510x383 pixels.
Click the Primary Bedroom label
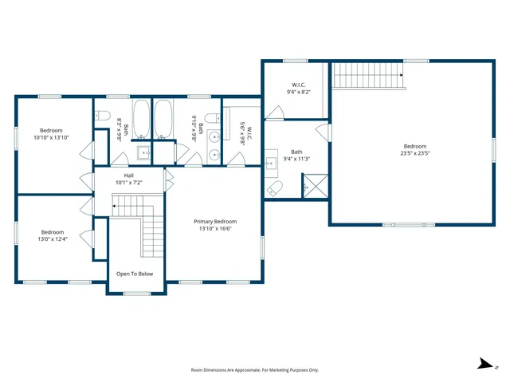tap(216, 221)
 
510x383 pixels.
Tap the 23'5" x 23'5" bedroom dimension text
tap(415, 154)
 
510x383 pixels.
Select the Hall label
tap(128, 175)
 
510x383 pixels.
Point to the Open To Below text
tap(134, 274)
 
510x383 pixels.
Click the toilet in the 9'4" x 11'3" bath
tap(275, 188)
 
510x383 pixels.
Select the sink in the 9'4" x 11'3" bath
tap(272, 156)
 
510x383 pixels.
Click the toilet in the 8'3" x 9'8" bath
tap(101, 116)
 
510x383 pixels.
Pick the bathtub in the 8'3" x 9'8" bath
tap(140, 119)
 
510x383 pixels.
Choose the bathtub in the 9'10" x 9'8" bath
tap(164, 119)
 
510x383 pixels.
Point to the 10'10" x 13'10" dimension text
tap(51, 138)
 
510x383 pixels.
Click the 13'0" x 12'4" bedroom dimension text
tap(52, 238)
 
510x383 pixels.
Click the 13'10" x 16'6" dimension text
tap(216, 229)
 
